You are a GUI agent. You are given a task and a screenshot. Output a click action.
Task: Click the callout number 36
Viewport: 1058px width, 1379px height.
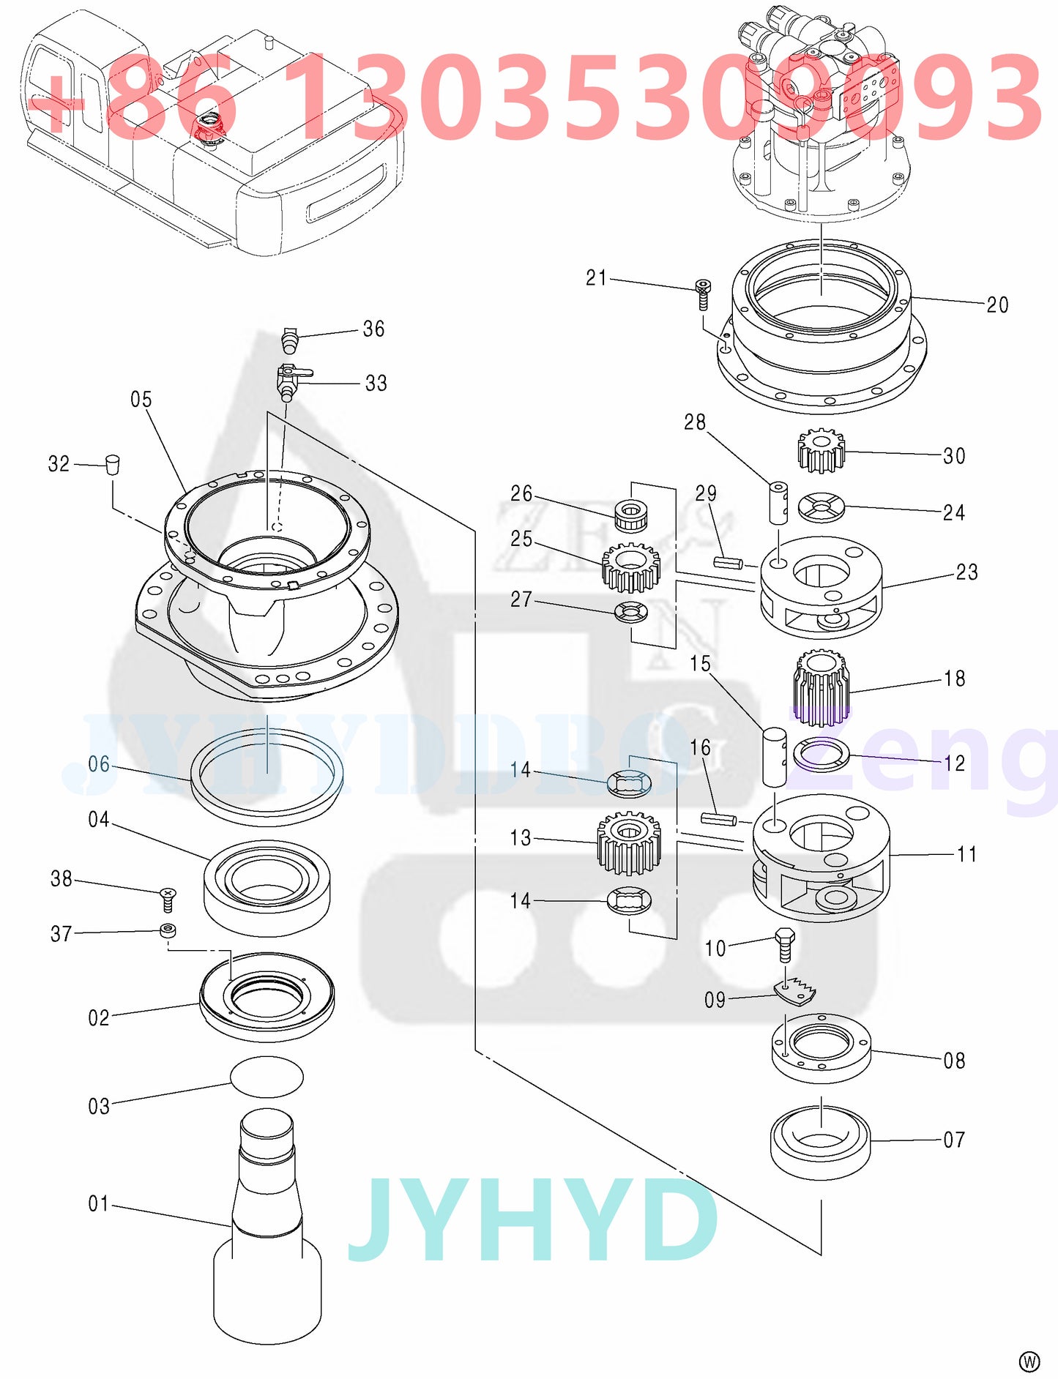click(x=373, y=329)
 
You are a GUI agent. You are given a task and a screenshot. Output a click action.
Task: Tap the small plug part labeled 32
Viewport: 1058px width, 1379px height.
click(x=112, y=465)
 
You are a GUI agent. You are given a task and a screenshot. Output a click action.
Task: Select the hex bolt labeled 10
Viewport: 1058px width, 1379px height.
click(x=784, y=944)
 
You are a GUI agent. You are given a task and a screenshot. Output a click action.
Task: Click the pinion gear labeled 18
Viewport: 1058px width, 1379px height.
click(x=822, y=688)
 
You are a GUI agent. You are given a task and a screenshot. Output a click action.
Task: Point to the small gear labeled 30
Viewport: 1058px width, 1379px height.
click(x=821, y=450)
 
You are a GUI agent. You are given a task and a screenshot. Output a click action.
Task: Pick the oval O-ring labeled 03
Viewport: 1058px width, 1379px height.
click(x=267, y=1077)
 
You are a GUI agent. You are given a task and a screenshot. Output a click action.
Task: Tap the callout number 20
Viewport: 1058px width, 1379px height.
click(x=997, y=305)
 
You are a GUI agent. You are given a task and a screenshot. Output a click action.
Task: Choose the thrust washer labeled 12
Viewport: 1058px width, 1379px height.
click(x=822, y=755)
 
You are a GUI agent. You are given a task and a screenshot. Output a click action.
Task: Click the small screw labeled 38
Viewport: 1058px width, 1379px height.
click(x=168, y=899)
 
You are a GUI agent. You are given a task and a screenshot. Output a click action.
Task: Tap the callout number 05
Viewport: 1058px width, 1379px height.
click(x=141, y=400)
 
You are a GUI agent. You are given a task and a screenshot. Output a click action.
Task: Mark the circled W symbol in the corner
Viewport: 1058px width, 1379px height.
click(x=1029, y=1361)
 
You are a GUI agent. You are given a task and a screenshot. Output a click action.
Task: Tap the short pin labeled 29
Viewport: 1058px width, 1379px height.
click(x=728, y=562)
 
